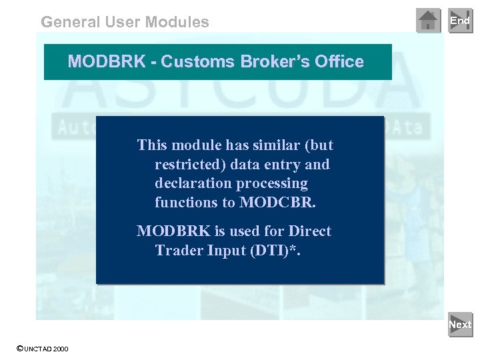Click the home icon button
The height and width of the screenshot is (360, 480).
coord(428,21)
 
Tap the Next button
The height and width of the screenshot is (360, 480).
coord(460,325)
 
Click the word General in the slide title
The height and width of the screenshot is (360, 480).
coord(71,22)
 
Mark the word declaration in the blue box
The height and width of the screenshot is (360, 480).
coord(189,183)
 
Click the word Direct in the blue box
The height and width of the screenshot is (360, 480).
coord(309,231)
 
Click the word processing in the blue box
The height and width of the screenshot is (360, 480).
coord(274,183)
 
